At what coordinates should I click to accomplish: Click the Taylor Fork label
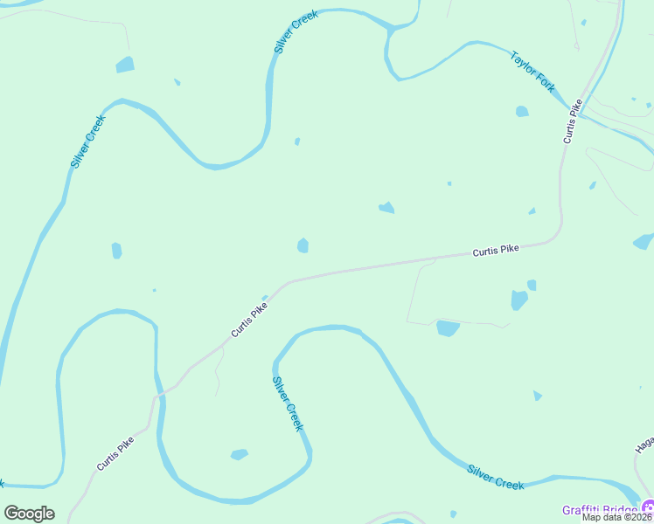tap(532, 72)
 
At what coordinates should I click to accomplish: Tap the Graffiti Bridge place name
tap(600, 509)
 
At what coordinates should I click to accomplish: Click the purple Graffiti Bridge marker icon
tap(648, 507)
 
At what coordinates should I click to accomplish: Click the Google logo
tap(29, 513)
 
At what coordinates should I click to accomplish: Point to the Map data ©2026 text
tap(618, 517)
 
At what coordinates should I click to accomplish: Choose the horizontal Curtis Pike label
tap(496, 250)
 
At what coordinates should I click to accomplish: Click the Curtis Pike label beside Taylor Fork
tap(573, 121)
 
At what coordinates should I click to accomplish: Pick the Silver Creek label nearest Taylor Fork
tap(296, 33)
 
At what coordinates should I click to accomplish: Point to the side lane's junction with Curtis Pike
tap(435, 259)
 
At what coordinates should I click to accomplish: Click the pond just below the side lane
tap(448, 328)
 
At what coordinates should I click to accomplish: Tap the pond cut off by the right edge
tap(644, 241)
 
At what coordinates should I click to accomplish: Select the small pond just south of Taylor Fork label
tap(522, 111)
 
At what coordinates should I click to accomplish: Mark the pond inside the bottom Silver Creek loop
tap(239, 454)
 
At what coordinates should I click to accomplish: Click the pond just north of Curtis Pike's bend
tap(303, 245)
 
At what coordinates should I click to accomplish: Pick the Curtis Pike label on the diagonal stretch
tap(249, 321)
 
